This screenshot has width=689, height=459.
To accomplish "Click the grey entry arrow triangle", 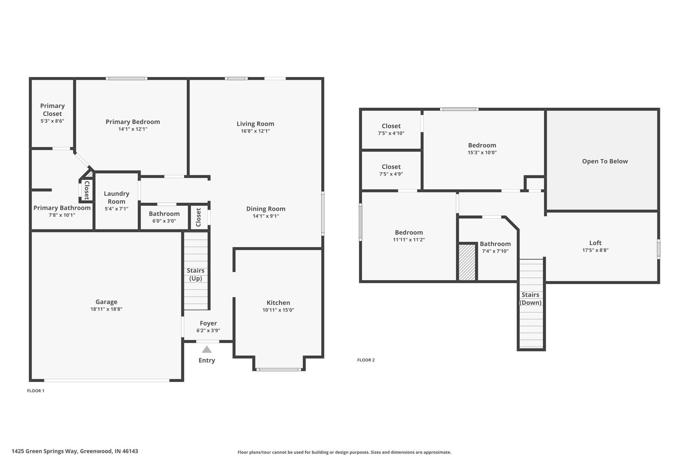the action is [207, 349].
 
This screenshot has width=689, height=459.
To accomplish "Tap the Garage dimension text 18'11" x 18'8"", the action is [106, 309].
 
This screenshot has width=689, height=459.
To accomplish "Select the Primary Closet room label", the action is [52, 110].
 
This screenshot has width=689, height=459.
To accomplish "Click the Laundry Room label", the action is [116, 197].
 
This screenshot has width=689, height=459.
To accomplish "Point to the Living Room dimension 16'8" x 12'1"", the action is [255, 131].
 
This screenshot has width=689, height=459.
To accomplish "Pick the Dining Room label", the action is [266, 209].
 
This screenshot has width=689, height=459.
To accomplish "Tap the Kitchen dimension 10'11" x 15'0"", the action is [278, 310].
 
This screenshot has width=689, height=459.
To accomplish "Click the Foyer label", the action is [208, 323].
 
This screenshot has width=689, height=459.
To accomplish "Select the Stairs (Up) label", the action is [195, 274].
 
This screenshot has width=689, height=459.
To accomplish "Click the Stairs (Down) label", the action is [531, 299].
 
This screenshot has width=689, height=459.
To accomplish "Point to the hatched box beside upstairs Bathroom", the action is [467, 262].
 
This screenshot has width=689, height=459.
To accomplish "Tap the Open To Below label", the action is [605, 161].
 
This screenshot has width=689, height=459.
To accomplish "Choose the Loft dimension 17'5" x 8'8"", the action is [595, 250].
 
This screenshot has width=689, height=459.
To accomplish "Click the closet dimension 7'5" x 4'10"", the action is [391, 133].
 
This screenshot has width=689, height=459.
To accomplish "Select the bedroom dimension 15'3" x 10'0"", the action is [482, 152].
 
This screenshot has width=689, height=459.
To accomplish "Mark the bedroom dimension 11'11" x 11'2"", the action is [409, 240].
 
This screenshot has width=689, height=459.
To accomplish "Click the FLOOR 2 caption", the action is [366, 360].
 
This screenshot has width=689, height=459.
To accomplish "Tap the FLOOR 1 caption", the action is [36, 391].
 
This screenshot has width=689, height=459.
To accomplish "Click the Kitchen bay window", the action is [279, 370].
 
